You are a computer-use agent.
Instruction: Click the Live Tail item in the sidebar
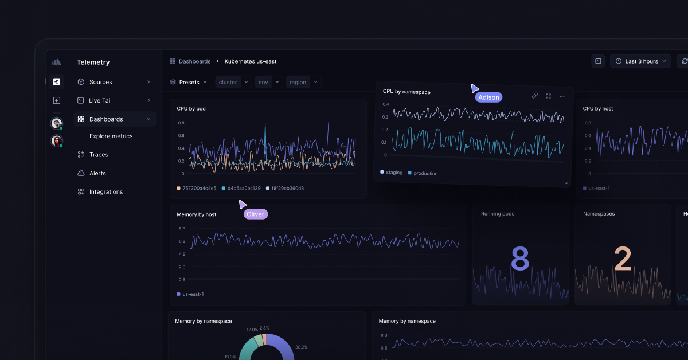click(100, 100)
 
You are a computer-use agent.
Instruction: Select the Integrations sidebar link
click(105, 192)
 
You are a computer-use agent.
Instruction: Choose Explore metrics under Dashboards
click(111, 136)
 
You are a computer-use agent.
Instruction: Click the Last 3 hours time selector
click(641, 61)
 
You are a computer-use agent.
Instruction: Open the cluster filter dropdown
click(233, 82)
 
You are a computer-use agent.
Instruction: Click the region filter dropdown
click(303, 82)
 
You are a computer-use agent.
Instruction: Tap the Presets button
click(189, 82)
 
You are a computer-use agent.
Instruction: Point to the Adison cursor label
click(488, 97)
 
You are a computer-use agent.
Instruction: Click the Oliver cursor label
click(255, 214)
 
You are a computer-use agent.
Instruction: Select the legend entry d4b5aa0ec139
click(244, 188)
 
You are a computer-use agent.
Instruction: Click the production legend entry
click(425, 173)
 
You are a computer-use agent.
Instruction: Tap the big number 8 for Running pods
click(519, 260)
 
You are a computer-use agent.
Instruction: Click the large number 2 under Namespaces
click(623, 260)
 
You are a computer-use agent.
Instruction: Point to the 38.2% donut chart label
click(301, 347)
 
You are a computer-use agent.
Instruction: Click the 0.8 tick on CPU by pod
click(181, 123)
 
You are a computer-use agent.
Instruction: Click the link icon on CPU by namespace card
click(534, 96)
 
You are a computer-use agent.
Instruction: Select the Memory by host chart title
click(197, 214)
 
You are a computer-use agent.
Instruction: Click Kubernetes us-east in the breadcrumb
click(251, 61)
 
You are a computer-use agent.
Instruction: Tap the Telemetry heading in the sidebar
click(93, 62)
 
